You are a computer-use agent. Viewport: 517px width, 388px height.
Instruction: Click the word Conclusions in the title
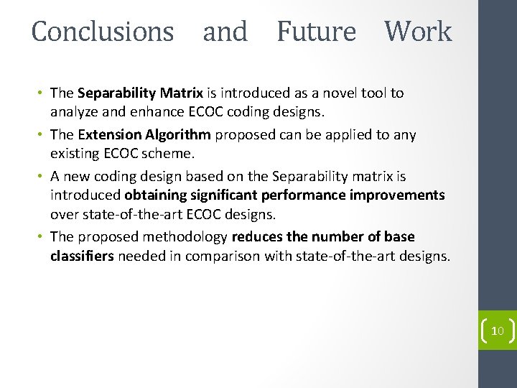point(103,32)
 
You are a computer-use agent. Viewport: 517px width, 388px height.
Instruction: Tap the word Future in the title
point(316,32)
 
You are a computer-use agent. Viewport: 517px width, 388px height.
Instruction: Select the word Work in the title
point(418,32)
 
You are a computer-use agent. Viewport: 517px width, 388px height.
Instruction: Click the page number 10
point(497,331)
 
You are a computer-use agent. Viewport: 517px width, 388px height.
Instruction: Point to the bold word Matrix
point(182,93)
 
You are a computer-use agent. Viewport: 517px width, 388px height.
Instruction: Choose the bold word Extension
point(109,135)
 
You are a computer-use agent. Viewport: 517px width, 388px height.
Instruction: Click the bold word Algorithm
point(176,135)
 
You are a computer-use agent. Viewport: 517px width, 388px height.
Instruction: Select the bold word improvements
point(402,195)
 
